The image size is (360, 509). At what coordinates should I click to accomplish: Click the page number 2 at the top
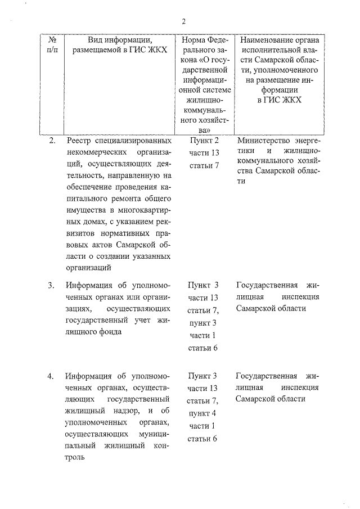183,22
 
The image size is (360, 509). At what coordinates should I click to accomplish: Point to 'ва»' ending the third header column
204,130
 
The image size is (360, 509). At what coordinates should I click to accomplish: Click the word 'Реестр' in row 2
79,141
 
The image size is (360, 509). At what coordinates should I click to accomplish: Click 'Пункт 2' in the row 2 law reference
204,141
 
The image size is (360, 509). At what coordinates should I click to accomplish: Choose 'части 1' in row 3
204,335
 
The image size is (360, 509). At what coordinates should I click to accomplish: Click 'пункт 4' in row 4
204,413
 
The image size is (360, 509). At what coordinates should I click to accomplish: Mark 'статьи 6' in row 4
204,439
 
